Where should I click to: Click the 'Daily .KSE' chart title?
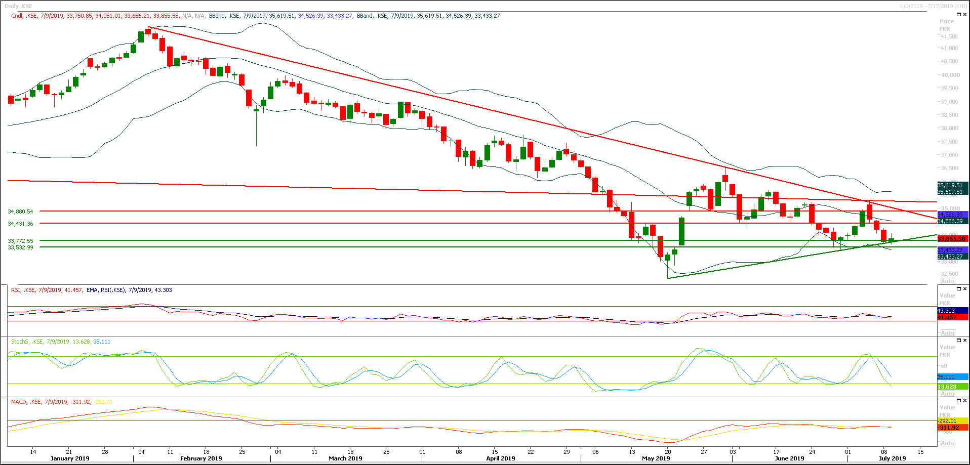18,6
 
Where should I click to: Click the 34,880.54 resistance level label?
20,212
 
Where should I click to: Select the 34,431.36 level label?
20,224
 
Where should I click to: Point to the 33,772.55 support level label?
20,241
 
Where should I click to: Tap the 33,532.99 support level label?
20,247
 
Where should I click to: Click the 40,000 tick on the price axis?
950,75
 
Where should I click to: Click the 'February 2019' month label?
201,458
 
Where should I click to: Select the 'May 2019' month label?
656,458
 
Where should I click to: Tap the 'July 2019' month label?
892,458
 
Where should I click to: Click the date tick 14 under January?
33,451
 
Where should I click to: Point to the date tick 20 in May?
668,451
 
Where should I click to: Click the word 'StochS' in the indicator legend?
20,342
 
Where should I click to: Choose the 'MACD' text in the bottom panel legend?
19,402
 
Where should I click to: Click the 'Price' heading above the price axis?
946,21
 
